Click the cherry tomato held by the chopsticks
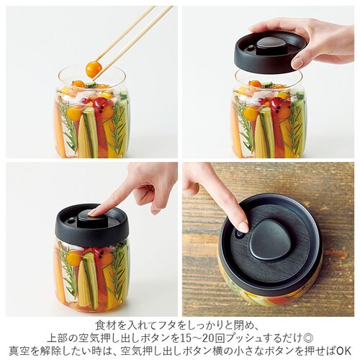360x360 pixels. pyautogui.click(x=93, y=69)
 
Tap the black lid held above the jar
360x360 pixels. pyautogui.click(x=269, y=55)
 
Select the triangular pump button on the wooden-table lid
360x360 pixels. pyautogui.click(x=270, y=240)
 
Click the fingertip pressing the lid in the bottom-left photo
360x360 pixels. pyautogui.click(x=96, y=211)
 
